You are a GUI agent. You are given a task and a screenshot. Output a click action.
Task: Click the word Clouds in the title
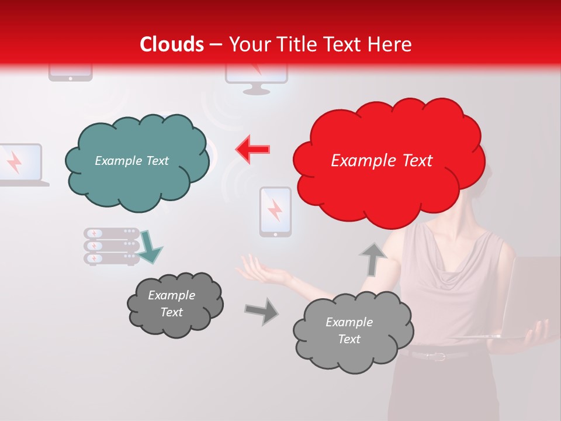coord(172,44)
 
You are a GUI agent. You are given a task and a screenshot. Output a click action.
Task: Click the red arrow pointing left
coord(253,149)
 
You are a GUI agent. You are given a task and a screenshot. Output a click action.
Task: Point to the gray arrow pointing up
coord(373,259)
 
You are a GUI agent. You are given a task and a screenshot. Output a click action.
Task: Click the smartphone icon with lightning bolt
coord(275,212)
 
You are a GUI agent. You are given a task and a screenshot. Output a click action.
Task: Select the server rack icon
coord(111,246)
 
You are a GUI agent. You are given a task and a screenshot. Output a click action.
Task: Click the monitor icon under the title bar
coord(257,79)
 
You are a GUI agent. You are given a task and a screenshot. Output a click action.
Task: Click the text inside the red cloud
coord(382,161)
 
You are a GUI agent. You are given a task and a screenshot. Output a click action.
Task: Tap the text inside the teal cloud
coord(131,161)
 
